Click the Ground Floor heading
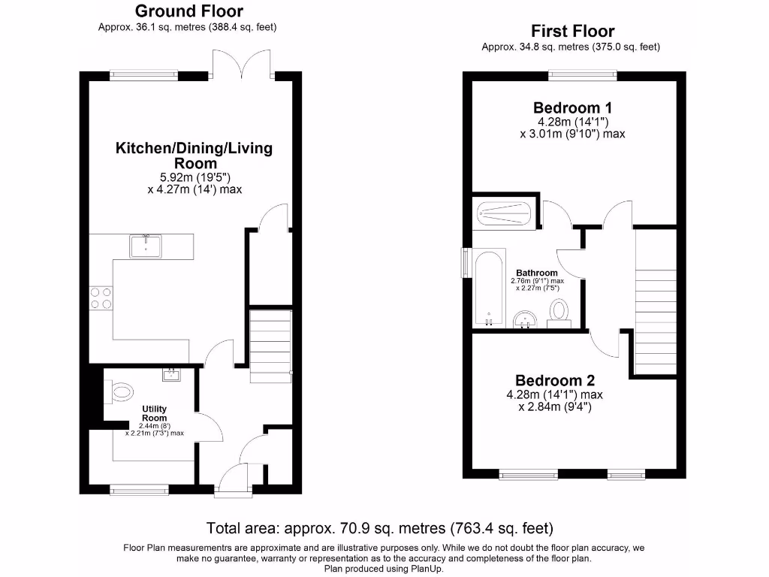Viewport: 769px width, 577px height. [x=188, y=11]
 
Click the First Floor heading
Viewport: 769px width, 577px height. [x=572, y=32]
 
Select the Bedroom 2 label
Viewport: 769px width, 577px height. [x=554, y=380]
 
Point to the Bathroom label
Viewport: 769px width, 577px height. [x=536, y=273]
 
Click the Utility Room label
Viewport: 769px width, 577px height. [x=154, y=413]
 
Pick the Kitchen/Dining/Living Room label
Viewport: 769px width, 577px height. [x=194, y=156]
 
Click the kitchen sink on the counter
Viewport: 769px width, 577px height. [x=146, y=246]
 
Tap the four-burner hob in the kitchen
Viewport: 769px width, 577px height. [x=101, y=298]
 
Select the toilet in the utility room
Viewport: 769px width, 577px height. [x=119, y=391]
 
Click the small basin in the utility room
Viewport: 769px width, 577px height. [x=170, y=373]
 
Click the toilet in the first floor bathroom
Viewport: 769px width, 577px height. [x=559, y=311]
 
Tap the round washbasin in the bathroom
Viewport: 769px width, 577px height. [x=525, y=321]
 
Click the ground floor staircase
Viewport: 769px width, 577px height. [x=270, y=346]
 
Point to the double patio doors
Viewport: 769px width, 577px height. [x=242, y=65]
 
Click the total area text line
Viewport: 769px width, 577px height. [x=379, y=527]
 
